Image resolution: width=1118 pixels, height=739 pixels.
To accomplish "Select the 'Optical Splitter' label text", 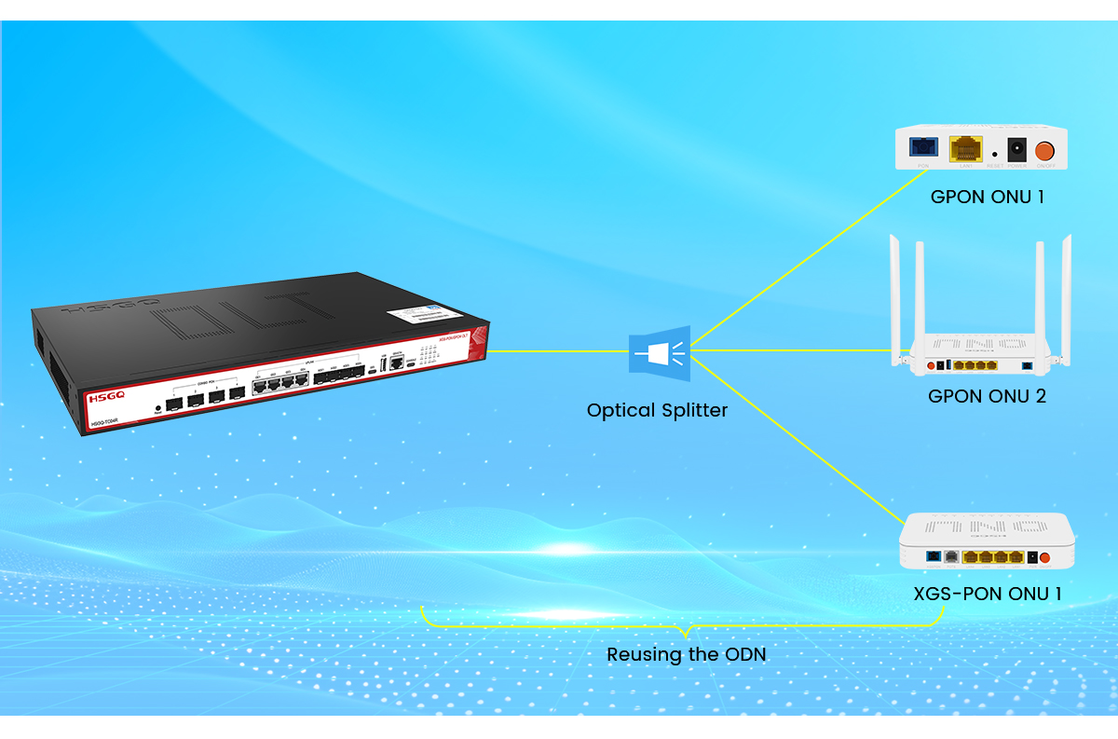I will (657, 410).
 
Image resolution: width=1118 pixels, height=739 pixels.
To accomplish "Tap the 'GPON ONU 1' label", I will (987, 198).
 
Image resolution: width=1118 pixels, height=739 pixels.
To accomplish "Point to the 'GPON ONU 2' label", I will (987, 396).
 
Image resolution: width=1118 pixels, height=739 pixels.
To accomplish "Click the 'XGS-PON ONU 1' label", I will (987, 594).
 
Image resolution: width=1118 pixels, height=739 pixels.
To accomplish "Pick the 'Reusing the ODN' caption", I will (686, 654).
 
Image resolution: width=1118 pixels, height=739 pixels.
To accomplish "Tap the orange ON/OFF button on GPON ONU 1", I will (1045, 149).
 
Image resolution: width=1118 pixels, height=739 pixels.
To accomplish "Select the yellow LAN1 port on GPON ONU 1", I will (965, 149).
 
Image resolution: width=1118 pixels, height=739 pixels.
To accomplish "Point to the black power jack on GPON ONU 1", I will (1016, 149).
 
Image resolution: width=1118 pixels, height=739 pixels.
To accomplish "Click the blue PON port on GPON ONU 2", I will (1027, 365).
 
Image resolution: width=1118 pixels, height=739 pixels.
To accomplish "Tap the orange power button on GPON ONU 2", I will (930, 365).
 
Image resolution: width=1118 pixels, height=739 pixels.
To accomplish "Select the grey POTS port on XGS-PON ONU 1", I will (950, 556).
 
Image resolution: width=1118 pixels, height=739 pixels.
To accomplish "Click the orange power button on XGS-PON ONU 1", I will (1045, 558).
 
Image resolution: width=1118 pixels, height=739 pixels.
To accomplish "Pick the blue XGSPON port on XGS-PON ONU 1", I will (932, 556).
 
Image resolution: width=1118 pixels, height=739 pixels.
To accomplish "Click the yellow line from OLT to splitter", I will (559, 351).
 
